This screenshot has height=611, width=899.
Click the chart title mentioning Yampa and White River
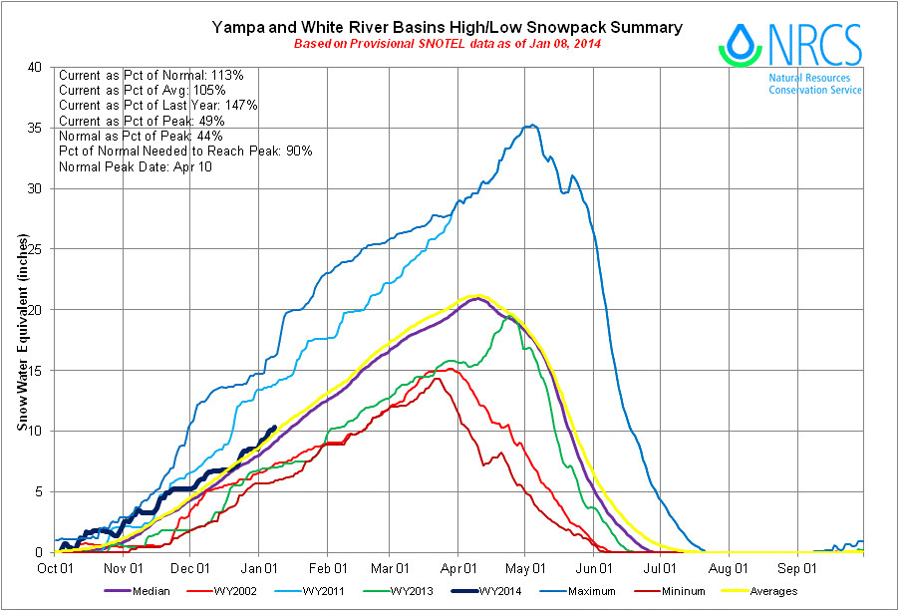[448, 27]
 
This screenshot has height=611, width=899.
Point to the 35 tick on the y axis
[38, 128]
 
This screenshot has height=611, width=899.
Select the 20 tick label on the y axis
[38, 310]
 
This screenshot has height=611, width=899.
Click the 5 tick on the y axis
[42, 491]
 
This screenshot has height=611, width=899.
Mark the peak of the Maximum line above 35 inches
[533, 125]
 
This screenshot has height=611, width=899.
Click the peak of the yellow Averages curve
[479, 295]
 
